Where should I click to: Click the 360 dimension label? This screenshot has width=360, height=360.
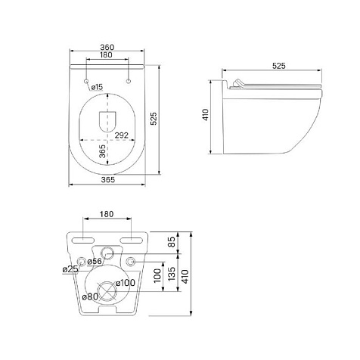[107, 47]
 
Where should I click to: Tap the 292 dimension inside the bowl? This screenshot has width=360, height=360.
[122, 135]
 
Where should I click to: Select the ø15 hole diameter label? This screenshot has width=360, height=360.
[97, 87]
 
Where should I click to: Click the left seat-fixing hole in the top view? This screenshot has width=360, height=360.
[86, 81]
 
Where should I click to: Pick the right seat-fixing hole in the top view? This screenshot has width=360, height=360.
[129, 81]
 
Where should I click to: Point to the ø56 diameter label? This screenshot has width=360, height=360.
[95, 262]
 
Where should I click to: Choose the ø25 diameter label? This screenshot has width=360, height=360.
[70, 269]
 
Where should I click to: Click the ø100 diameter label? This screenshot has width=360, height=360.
[126, 283]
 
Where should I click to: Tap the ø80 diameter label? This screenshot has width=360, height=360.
[90, 296]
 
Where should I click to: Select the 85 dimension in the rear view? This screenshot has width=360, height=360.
[172, 242]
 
